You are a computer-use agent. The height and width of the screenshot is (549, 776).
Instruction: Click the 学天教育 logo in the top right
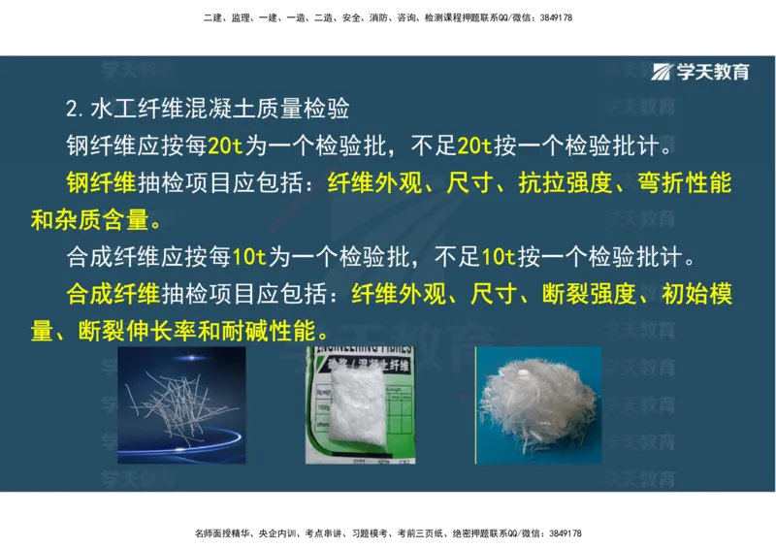[x=700, y=72]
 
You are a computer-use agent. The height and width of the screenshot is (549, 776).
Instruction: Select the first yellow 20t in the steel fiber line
[x=225, y=146]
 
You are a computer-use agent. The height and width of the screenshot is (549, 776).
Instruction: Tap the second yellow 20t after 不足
[x=473, y=146]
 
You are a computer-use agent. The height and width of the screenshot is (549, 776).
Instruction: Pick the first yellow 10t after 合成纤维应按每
[x=248, y=258]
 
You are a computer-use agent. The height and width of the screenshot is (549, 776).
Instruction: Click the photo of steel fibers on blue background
[x=181, y=404]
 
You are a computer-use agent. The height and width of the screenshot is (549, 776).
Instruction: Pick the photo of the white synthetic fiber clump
[x=538, y=404]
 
